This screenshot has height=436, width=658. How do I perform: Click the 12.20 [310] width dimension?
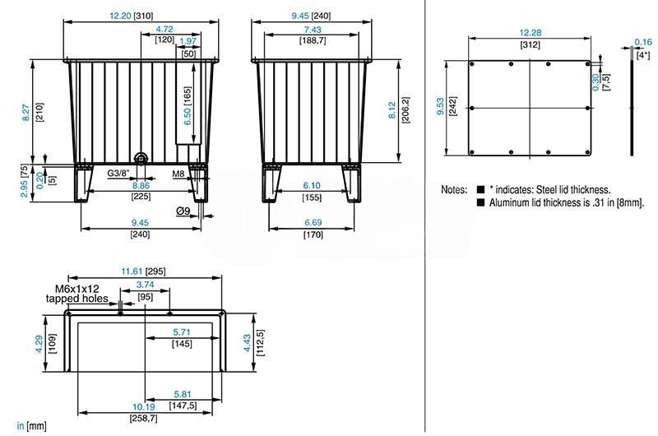point(132,16)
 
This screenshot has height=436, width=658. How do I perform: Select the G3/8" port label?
point(118,173)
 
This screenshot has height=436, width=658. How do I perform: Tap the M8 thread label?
point(178,174)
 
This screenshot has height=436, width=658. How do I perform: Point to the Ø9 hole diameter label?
point(183,211)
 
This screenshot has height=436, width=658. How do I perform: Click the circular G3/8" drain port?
point(141,158)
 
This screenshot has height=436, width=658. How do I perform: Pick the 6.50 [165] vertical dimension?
point(188,106)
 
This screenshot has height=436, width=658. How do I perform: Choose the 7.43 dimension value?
point(313,30)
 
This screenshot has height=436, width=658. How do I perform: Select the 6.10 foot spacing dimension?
point(312,185)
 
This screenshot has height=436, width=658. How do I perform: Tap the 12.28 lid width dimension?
point(530,33)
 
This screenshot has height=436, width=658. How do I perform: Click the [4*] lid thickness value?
point(643,55)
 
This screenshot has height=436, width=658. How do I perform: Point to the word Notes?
point(454,190)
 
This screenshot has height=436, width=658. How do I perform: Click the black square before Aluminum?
point(481,202)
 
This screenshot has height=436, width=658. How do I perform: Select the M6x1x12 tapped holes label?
point(77,294)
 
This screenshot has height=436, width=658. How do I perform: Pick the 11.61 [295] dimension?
point(143,271)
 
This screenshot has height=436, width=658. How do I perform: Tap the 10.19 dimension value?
point(143,406)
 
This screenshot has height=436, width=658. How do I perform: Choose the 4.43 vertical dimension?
point(248,343)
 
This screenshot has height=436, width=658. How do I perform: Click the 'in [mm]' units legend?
point(31,426)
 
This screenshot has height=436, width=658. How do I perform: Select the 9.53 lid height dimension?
point(440,107)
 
